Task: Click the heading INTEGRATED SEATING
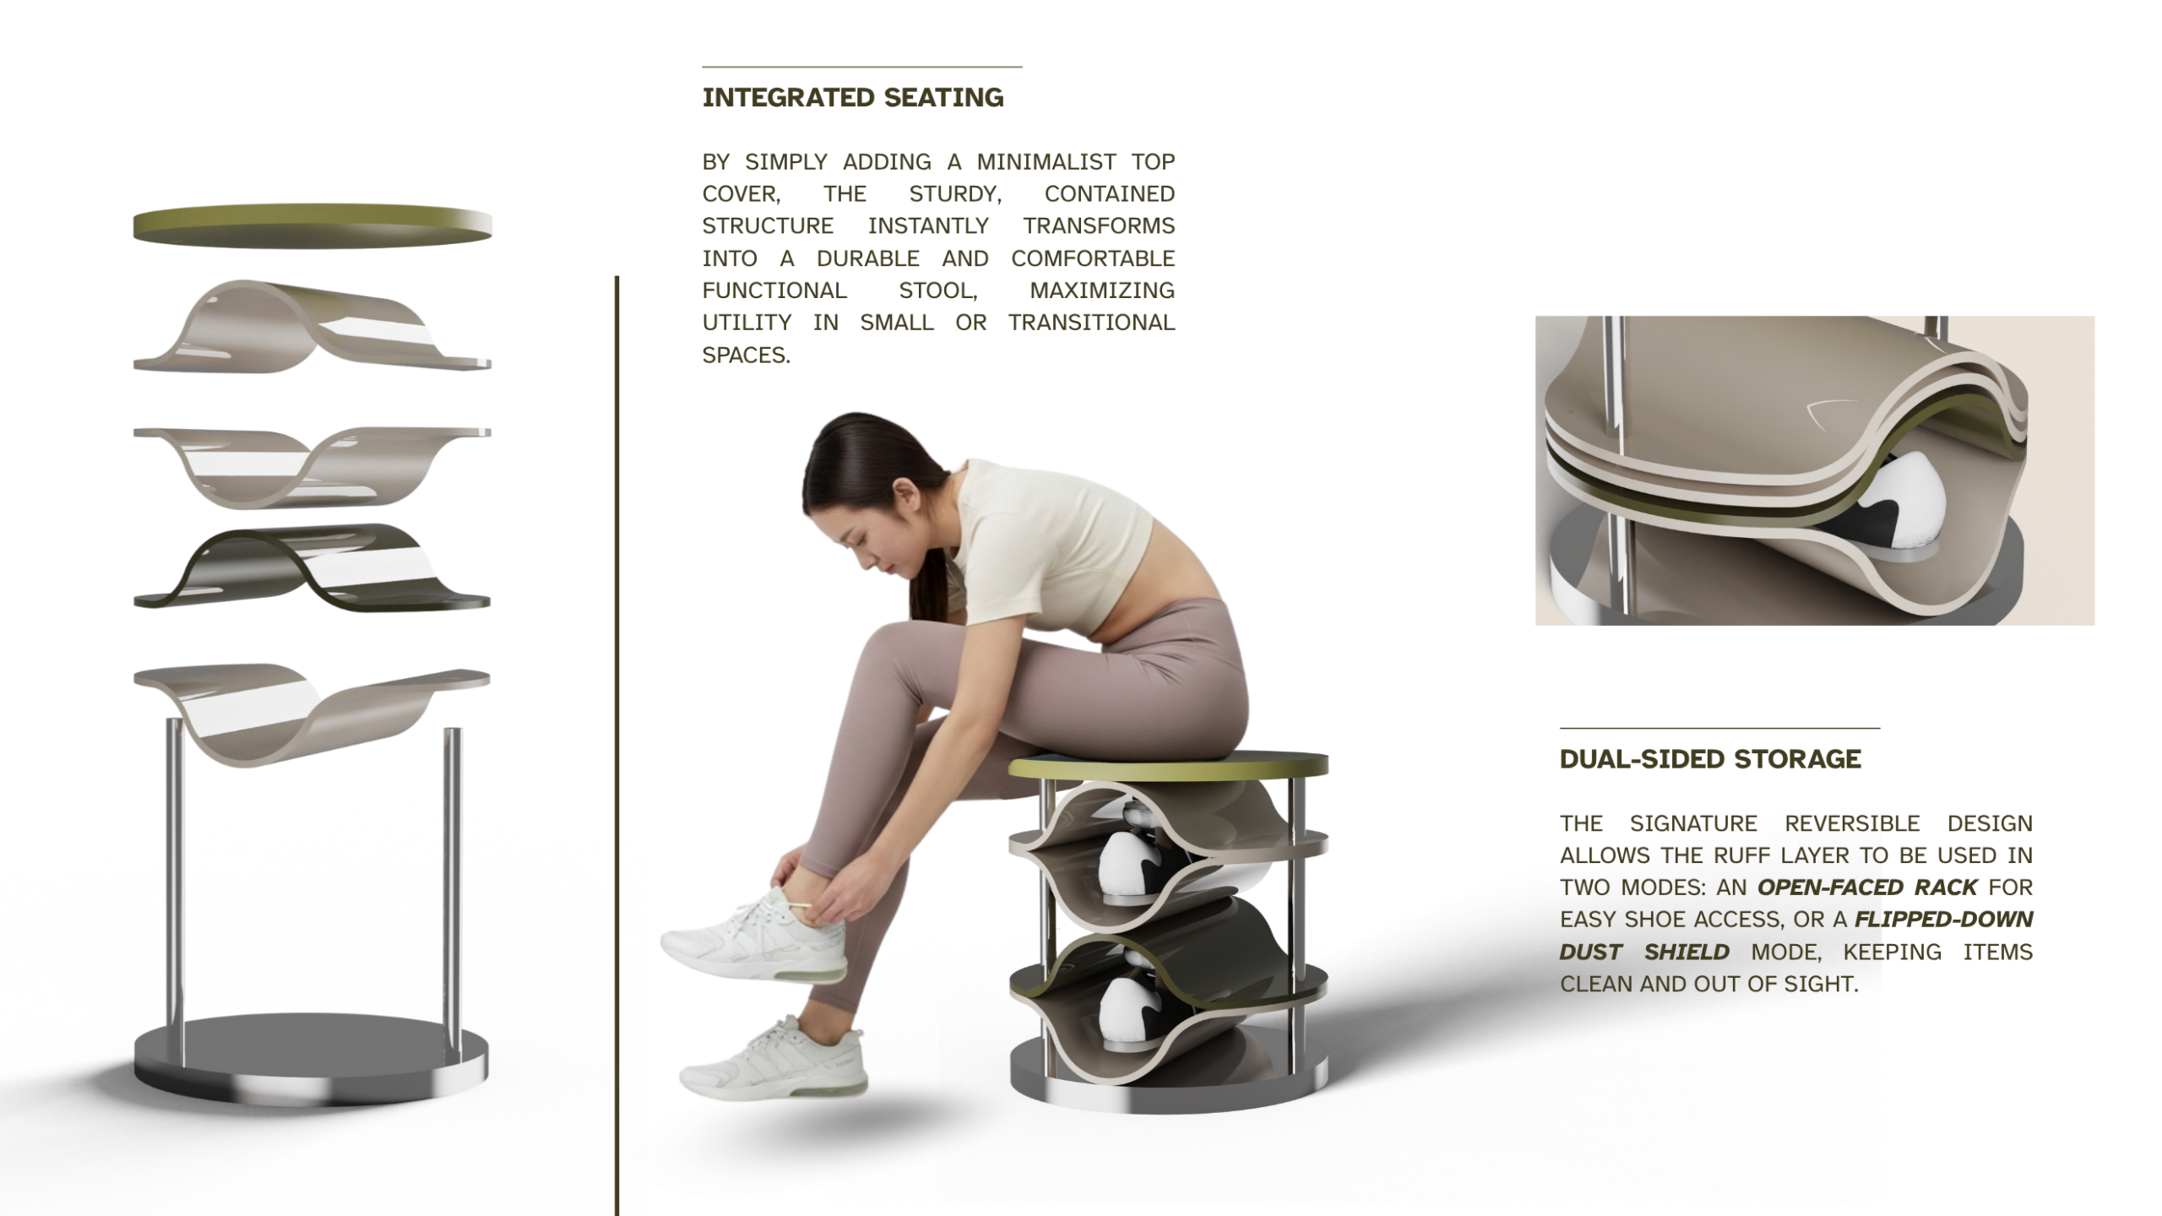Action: click(x=853, y=98)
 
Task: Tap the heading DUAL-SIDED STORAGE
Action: click(x=1710, y=759)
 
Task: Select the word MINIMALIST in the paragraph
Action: click(x=1046, y=161)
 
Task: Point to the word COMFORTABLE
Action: click(x=1093, y=258)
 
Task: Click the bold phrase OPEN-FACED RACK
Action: click(x=1867, y=888)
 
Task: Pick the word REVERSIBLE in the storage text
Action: click(x=1852, y=823)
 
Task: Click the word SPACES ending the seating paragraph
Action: click(x=746, y=356)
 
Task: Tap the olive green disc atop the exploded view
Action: click(x=312, y=225)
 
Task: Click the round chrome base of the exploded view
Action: click(x=311, y=1059)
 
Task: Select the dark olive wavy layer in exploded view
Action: click(x=312, y=567)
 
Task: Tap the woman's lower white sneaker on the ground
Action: click(x=773, y=1060)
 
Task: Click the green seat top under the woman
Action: click(x=1168, y=764)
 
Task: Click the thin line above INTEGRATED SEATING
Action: click(x=862, y=66)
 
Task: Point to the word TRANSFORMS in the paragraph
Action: click(x=1099, y=226)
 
